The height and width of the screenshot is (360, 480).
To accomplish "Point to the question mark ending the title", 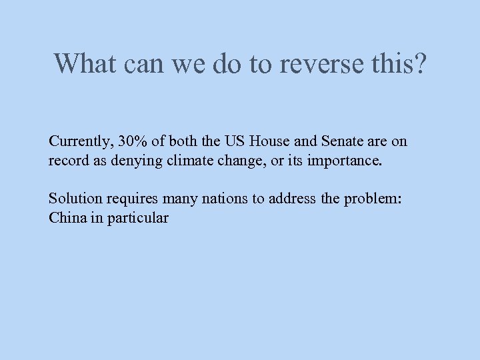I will tap(418, 64).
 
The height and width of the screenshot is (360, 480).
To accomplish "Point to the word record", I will tap(67, 161).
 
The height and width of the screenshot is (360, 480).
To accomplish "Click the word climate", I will tap(182, 161).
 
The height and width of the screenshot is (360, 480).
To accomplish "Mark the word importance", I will tap(349, 161).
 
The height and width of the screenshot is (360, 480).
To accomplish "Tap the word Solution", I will tap(73, 199).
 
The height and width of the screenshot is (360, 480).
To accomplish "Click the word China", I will tap(65, 218).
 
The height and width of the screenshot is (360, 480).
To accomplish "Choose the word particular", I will tap(138, 218).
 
